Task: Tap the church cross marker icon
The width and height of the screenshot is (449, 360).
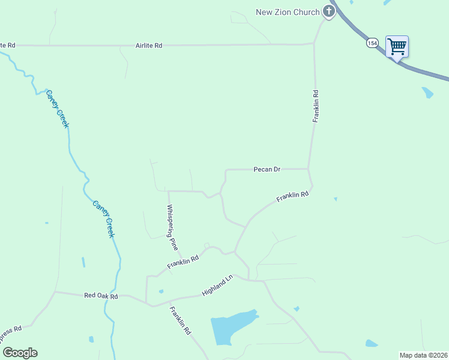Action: point(328,11)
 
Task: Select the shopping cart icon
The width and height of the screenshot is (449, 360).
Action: point(397,46)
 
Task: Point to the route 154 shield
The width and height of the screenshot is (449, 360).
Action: point(372,43)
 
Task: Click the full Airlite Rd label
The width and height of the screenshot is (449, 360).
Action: point(149,46)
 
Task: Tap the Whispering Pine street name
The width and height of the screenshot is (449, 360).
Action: point(172,227)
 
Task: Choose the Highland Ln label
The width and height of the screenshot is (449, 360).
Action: point(217,285)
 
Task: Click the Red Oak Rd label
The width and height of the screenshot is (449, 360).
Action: point(101,295)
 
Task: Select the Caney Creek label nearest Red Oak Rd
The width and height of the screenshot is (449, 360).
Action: point(103,218)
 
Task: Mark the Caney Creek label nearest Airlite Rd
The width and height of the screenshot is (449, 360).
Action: point(58,109)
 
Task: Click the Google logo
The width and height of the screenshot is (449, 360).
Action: point(20,353)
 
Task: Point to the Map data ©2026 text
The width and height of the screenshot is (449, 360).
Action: point(423,355)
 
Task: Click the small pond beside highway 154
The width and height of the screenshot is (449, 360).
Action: point(427,92)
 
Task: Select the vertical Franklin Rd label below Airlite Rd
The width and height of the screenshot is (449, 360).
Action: point(315,106)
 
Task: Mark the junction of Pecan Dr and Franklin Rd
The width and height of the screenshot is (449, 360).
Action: point(309,169)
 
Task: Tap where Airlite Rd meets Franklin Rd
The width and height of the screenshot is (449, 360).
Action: point(314,43)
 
